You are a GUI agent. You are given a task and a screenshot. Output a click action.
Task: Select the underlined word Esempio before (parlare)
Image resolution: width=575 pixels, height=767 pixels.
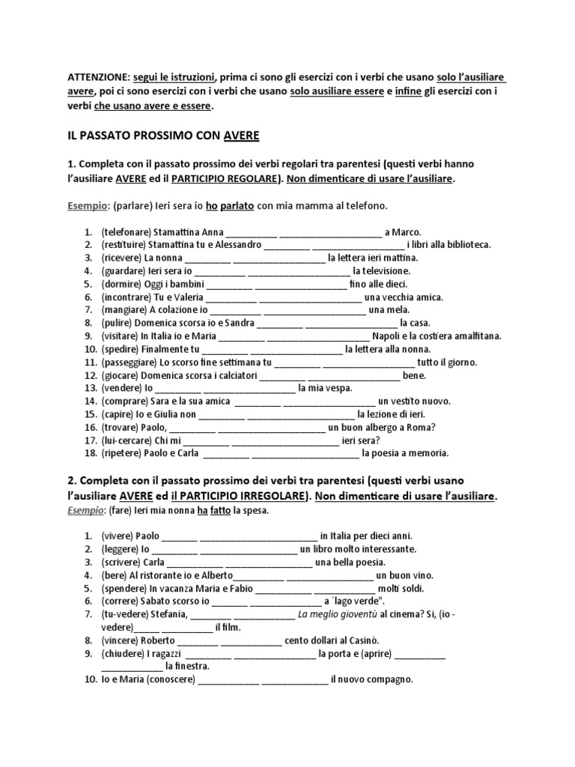pyautogui.click(x=85, y=204)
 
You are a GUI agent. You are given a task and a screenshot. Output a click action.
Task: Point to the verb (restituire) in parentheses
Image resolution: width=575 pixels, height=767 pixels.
pyautogui.click(x=124, y=245)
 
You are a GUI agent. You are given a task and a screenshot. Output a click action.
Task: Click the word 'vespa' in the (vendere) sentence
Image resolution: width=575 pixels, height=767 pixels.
pyautogui.click(x=338, y=389)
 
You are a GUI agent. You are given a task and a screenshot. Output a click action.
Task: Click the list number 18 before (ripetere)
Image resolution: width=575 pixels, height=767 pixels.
pyautogui.click(x=89, y=453)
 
